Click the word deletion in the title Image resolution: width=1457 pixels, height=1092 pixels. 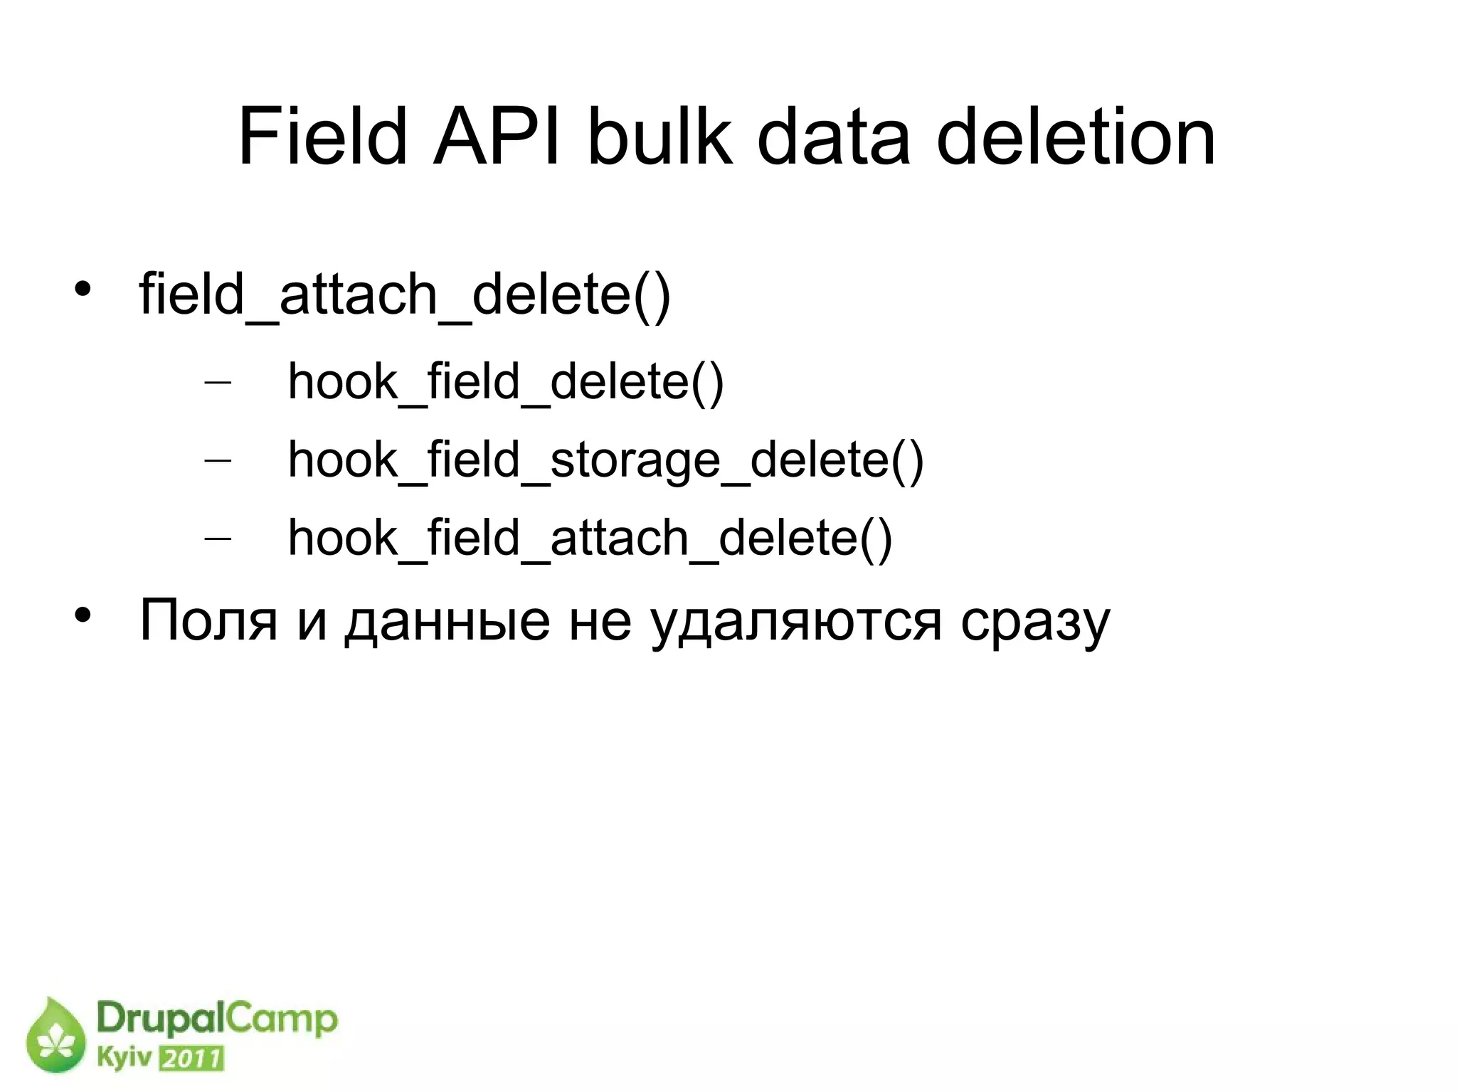pos(1076,137)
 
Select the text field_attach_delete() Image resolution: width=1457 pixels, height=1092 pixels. pos(404,295)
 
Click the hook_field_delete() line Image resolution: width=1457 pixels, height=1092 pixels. pos(505,383)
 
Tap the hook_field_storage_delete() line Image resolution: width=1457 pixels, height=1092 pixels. pos(605,460)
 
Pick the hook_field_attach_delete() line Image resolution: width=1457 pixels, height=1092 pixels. pos(590,538)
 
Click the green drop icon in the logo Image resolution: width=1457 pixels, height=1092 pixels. pos(55,1036)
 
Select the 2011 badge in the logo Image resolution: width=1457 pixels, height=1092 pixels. pos(191,1059)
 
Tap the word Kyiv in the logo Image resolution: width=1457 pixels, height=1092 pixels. pos(124,1058)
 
